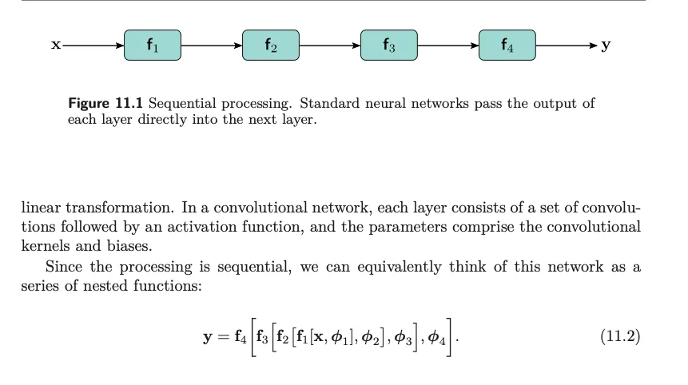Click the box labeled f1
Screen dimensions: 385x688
tap(153, 46)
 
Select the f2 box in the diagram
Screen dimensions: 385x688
tap(271, 46)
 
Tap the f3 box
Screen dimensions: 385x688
tap(389, 46)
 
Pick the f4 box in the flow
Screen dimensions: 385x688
tap(507, 46)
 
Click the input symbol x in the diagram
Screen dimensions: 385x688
tap(56, 46)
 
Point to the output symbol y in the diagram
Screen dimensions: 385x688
tap(606, 46)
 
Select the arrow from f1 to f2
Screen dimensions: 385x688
tap(212, 46)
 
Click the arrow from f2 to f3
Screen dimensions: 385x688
tap(330, 46)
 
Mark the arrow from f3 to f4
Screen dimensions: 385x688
tap(448, 46)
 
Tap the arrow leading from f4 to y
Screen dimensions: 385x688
tap(566, 46)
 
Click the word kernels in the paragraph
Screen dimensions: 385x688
tap(45, 245)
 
